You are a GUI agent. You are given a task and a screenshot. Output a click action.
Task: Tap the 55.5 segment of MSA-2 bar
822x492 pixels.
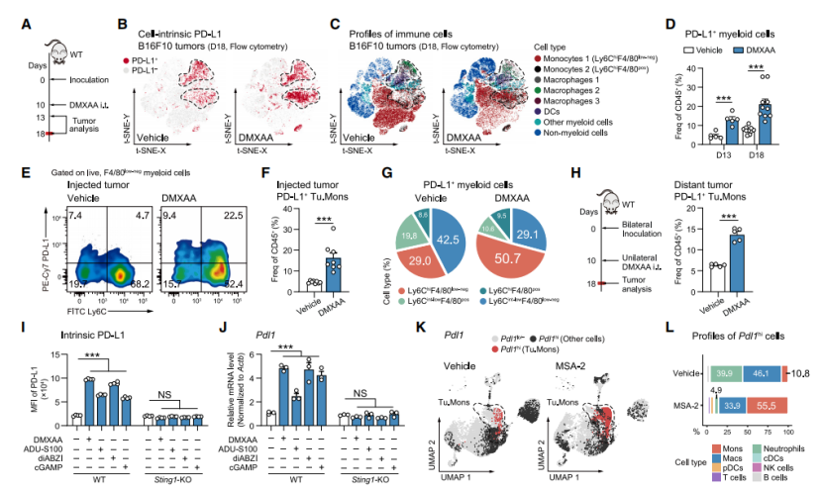pos(764,376)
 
